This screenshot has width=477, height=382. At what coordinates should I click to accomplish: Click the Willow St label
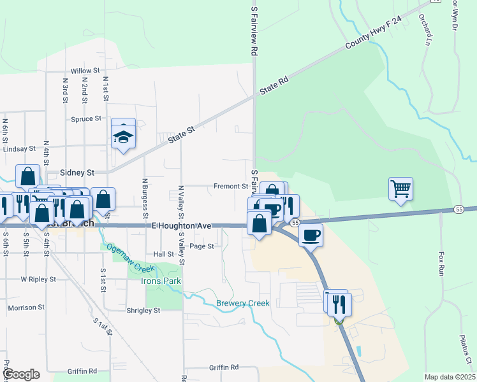(86, 71)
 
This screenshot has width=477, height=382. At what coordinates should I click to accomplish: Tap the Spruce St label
(87, 118)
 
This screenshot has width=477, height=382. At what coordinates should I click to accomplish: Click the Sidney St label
(77, 173)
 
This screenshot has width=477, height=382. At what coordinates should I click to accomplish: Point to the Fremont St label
(231, 187)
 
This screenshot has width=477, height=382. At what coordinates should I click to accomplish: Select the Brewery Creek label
(243, 303)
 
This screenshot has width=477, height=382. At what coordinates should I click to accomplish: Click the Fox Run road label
(441, 263)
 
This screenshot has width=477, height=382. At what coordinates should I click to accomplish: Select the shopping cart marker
(400, 188)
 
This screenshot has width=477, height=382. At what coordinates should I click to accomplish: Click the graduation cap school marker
(122, 136)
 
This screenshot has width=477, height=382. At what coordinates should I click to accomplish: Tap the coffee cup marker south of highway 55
(311, 235)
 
